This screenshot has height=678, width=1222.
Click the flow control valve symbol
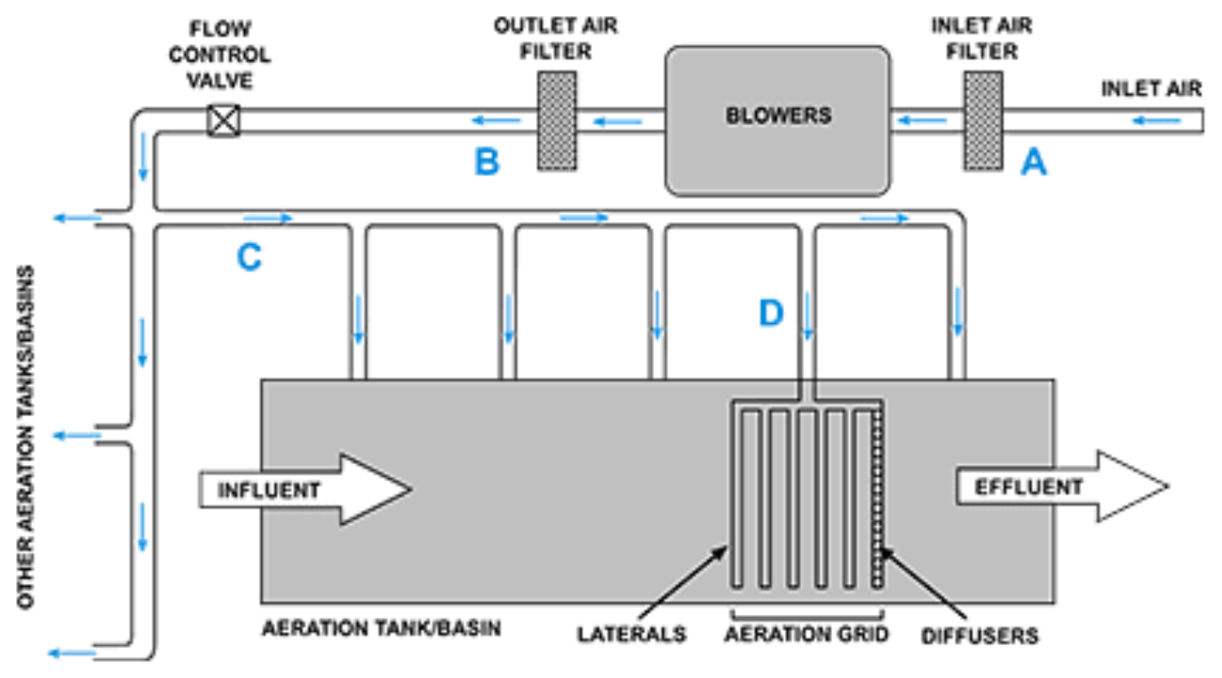click(x=223, y=120)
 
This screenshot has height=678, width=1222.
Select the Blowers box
click(x=777, y=120)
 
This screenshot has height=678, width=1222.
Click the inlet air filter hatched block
click(x=983, y=121)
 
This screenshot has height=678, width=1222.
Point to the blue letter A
click(x=1033, y=162)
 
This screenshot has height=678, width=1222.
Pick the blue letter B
click(x=487, y=162)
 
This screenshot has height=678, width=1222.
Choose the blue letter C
click(x=249, y=256)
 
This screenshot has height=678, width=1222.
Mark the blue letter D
click(x=771, y=312)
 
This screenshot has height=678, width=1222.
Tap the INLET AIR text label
click(x=1151, y=89)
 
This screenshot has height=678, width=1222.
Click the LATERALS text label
click(x=631, y=635)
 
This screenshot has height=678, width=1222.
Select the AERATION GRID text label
click(x=806, y=635)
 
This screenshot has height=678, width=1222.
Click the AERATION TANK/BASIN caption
click(x=382, y=628)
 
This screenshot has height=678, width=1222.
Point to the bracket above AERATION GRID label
click(x=806, y=613)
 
